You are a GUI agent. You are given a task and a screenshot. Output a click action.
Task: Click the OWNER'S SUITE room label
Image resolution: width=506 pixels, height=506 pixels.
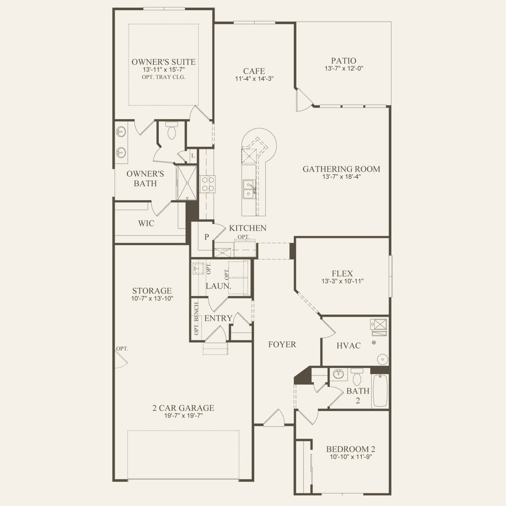pos(163,62)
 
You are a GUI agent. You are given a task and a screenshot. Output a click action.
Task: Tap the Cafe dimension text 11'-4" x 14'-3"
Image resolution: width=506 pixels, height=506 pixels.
pos(254,79)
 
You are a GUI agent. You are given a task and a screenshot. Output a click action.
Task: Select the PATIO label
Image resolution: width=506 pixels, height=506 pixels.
pos(344,61)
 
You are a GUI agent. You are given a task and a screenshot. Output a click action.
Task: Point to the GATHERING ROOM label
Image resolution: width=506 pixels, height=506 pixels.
pos(342,169)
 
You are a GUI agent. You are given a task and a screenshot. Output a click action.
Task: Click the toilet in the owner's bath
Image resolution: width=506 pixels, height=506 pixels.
pos(172,130)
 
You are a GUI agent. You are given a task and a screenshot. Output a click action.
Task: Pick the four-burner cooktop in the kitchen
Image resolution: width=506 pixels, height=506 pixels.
pos(207,184)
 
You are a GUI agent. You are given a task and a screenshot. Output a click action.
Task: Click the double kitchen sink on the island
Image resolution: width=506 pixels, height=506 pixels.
pos(248,189)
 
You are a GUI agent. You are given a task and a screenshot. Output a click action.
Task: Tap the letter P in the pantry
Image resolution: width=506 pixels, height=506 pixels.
pos(206,237)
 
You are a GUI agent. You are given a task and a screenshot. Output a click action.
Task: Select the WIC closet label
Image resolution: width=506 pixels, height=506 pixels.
pos(146,224)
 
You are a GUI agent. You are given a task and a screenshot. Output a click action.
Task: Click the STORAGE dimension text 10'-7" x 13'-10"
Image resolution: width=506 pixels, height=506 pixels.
pos(152,299)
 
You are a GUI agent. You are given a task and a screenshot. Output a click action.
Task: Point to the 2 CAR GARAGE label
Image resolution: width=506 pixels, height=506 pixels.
pos(183,408)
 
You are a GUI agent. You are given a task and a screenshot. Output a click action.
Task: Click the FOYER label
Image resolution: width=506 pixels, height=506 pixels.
pos(282,344)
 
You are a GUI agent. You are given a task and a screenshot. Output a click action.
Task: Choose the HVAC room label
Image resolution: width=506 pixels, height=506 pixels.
pos(348,346)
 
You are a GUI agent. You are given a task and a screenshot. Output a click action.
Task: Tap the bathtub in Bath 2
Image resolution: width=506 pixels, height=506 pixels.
pos(380,391)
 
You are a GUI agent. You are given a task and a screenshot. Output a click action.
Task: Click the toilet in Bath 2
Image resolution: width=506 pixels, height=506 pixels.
pos(357,377)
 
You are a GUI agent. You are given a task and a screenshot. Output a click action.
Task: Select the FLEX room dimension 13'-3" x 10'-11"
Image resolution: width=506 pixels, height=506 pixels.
pos(342,281)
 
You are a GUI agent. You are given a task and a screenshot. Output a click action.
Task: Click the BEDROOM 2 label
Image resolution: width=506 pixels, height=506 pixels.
pos(351,449)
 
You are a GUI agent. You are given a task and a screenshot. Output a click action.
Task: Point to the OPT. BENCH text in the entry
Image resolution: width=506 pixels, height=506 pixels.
pos(196,319)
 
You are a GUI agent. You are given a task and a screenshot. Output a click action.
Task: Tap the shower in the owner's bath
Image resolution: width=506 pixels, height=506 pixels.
pos(186,183)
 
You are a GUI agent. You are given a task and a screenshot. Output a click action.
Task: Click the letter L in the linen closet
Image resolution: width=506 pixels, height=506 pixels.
pos(193,156)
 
